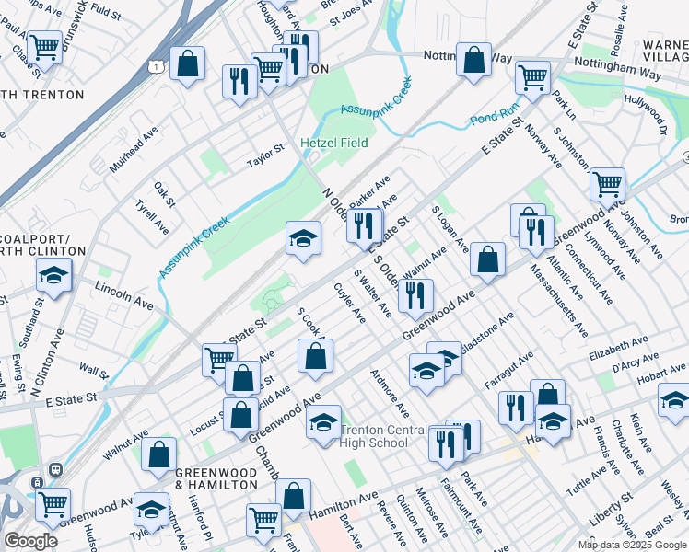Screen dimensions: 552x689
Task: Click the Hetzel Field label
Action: (x=334, y=143)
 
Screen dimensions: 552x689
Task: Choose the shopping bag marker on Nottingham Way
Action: (x=474, y=59)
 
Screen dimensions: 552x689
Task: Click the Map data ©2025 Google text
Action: (x=632, y=545)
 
